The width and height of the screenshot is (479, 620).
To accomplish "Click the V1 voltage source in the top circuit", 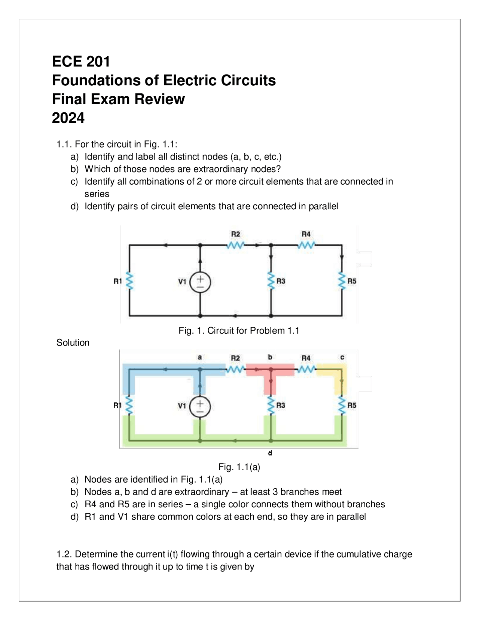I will [x=200, y=282].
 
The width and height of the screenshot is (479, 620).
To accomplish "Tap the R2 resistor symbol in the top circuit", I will [x=235, y=246].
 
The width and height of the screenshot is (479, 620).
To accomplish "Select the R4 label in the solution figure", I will [x=306, y=358].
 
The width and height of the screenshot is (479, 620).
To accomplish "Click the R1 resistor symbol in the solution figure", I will [x=129, y=405].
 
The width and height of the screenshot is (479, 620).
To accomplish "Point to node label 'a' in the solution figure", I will [x=200, y=358].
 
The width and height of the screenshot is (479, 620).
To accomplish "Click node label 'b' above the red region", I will [x=270, y=357].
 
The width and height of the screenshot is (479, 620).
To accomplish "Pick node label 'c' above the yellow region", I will [x=342, y=358].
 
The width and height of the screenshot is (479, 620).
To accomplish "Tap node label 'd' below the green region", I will [x=270, y=453].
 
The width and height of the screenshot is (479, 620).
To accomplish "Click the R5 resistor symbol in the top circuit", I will [x=342, y=281].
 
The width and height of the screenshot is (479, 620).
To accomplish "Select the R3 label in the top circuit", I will [x=281, y=281].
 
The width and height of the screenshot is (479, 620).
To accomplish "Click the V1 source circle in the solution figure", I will [x=200, y=407].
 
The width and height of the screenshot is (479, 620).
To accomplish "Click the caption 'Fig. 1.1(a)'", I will [x=239, y=467].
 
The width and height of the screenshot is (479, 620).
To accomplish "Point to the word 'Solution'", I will [x=73, y=343].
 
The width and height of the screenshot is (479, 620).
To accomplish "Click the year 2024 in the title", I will [x=68, y=118].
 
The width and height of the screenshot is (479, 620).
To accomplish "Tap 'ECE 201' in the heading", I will [x=81, y=62].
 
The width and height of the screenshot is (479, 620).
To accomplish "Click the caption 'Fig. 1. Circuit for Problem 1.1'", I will [x=239, y=331].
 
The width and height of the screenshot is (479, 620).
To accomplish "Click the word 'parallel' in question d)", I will [x=323, y=206].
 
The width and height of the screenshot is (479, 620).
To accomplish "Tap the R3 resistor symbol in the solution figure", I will [x=271, y=405].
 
